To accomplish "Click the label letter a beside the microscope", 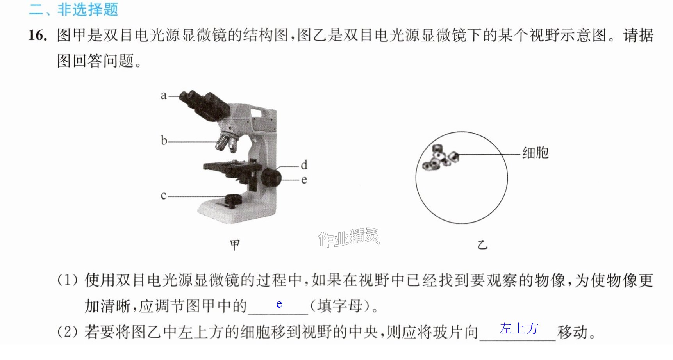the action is [164, 95].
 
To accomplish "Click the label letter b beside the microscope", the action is [164, 140].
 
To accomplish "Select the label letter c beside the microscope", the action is [164, 195].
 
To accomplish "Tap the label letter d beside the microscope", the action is [304, 164].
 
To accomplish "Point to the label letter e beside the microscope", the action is [304, 180].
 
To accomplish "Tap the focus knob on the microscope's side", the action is [271, 177].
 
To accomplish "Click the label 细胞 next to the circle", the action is [536, 153].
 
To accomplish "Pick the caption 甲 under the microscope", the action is [235, 245].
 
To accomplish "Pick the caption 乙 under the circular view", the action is [483, 245].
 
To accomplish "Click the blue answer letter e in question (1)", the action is [279, 304].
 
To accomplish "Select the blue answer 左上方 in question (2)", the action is [519, 328].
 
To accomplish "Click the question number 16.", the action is [38, 36].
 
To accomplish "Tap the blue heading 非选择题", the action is [88, 9].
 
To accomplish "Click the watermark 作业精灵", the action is [349, 237].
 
